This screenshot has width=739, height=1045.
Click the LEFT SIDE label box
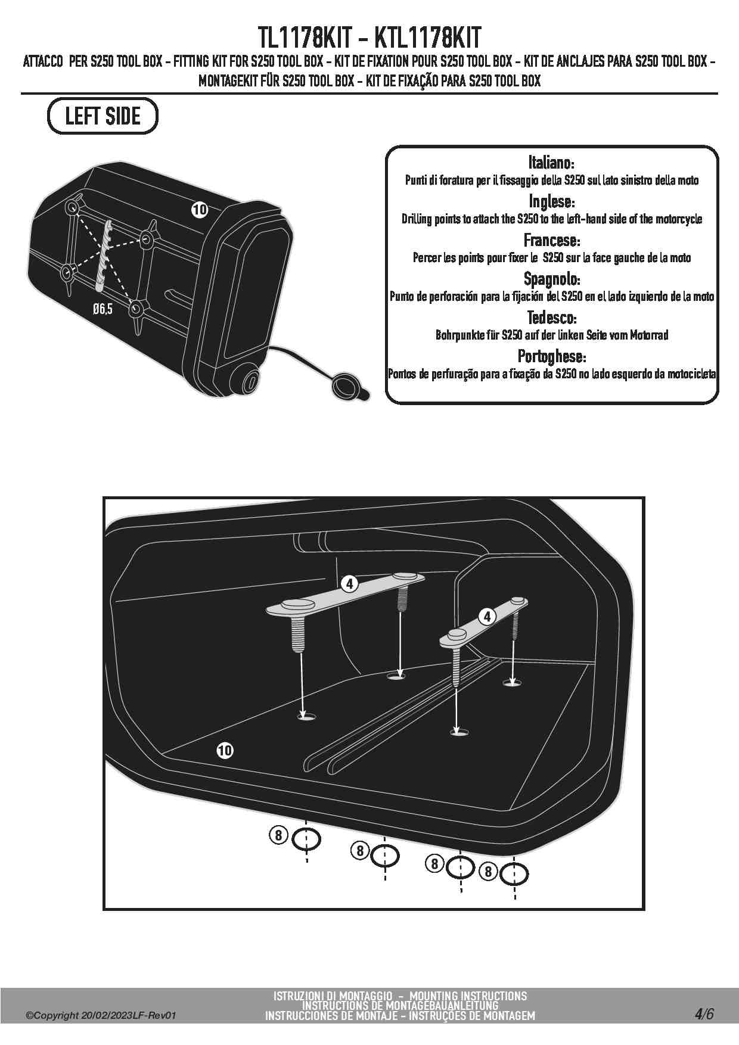[103, 116]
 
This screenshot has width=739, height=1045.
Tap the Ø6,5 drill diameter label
[103, 309]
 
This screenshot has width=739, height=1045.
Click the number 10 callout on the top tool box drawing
[199, 209]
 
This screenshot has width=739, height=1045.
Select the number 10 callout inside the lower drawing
[225, 751]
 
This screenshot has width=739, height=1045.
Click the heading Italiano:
[551, 162]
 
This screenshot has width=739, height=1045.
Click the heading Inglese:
[551, 201]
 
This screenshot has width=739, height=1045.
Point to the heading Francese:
[551, 240]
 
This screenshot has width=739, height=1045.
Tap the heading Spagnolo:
[551, 278]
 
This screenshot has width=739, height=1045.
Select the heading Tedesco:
[551, 317]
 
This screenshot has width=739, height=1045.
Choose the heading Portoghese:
[551, 356]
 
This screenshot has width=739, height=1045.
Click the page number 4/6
[703, 1014]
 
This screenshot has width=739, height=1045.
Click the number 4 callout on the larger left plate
[350, 584]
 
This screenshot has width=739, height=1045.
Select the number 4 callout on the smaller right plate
[488, 616]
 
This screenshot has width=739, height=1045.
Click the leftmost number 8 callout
[278, 835]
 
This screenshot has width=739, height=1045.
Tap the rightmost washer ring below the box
[514, 874]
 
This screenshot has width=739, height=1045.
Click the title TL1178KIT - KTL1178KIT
[369, 38]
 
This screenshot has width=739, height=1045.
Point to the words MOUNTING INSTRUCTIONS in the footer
[468, 996]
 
